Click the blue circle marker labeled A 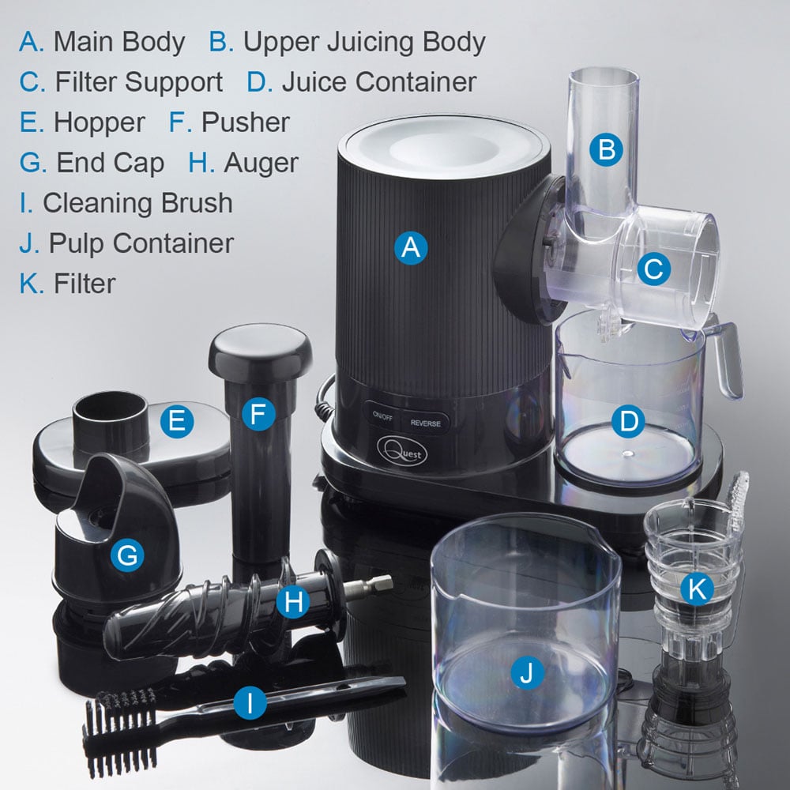coord(411,248)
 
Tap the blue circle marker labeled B coord(606,149)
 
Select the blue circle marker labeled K coord(697,589)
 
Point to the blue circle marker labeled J coord(527,672)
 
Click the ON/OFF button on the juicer coord(382,416)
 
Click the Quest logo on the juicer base coord(402,450)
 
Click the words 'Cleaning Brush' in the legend coord(137,203)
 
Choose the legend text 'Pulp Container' coord(141,243)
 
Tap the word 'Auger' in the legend coord(261,164)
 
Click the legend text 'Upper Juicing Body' coord(364,43)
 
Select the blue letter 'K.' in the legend coord(32,283)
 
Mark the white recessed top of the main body coord(444,145)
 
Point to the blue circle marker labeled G coord(127,555)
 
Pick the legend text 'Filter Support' coord(139,82)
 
